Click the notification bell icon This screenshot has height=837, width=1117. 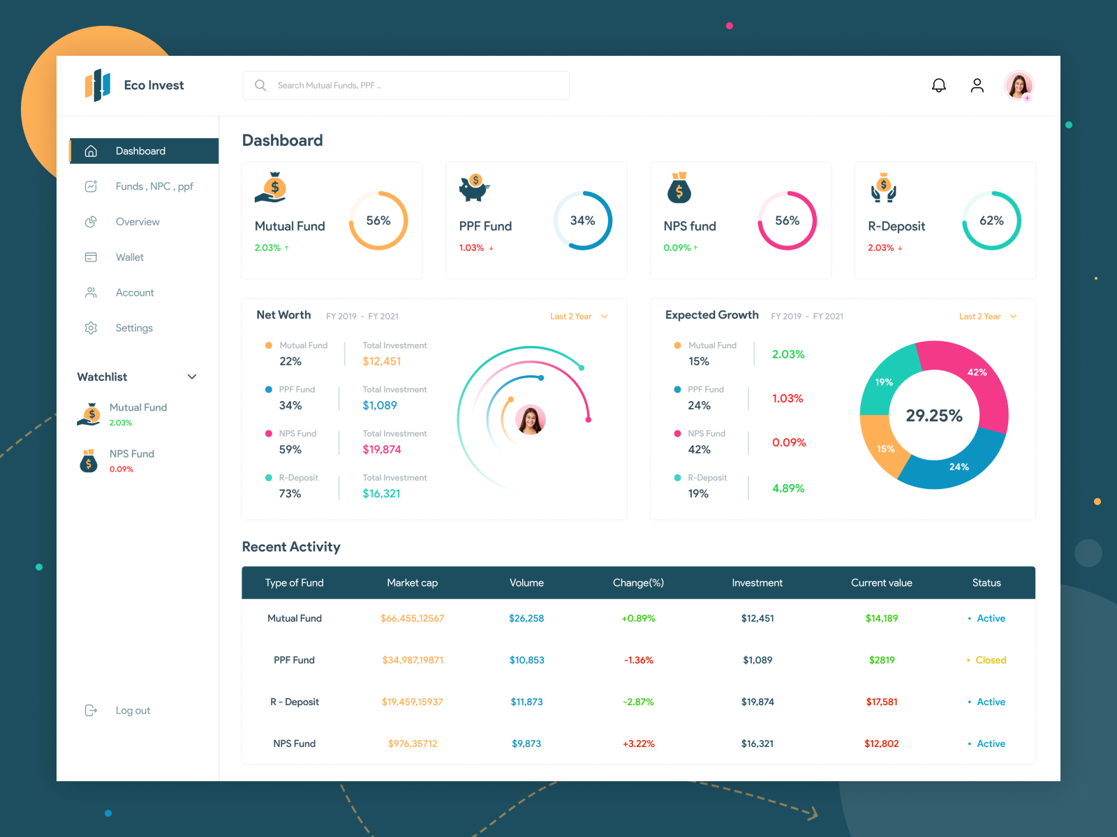(939, 85)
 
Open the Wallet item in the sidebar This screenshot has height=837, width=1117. (129, 257)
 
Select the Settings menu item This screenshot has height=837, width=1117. (133, 328)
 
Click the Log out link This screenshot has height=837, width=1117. (133, 710)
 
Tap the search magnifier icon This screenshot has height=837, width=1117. (260, 85)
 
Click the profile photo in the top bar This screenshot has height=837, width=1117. (1019, 86)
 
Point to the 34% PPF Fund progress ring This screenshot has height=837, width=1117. (583, 220)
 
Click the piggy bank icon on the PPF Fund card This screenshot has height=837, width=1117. (474, 188)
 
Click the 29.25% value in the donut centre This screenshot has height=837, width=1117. (934, 416)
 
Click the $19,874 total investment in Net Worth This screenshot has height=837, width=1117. (382, 450)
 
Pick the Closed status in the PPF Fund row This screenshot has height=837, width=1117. (991, 660)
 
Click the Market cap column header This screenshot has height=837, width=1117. (413, 583)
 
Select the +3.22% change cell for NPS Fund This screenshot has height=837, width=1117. (639, 744)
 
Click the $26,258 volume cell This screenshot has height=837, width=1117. (526, 618)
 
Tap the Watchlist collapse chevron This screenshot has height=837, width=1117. (192, 377)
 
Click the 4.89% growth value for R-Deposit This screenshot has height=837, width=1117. (788, 488)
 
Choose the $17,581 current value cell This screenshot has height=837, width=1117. (882, 702)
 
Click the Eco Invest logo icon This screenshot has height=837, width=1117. (98, 85)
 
